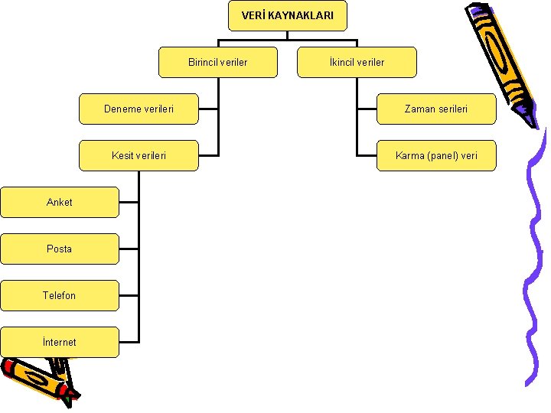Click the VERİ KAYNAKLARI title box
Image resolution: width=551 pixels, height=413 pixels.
(x=287, y=15)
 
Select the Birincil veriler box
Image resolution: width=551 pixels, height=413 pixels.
(x=217, y=62)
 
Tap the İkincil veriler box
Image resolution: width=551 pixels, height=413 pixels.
(x=357, y=62)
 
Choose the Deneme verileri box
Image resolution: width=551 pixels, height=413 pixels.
(x=139, y=109)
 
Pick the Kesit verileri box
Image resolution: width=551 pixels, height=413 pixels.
(x=139, y=155)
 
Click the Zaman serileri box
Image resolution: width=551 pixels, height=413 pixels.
(x=435, y=109)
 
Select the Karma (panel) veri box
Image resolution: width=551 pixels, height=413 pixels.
(x=435, y=155)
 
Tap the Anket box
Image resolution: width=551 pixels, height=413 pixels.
(x=60, y=202)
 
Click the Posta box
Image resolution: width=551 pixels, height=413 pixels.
(x=60, y=249)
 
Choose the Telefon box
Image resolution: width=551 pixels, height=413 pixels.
(x=60, y=295)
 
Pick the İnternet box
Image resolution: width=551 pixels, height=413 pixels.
(x=60, y=342)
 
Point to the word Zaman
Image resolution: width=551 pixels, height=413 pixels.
(x=419, y=109)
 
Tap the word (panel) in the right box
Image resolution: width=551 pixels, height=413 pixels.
(x=441, y=155)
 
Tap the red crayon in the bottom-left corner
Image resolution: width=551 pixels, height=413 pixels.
(x=34, y=379)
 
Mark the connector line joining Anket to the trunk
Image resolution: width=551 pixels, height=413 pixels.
(x=129, y=202)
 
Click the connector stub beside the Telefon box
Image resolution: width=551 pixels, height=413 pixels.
(x=129, y=295)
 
